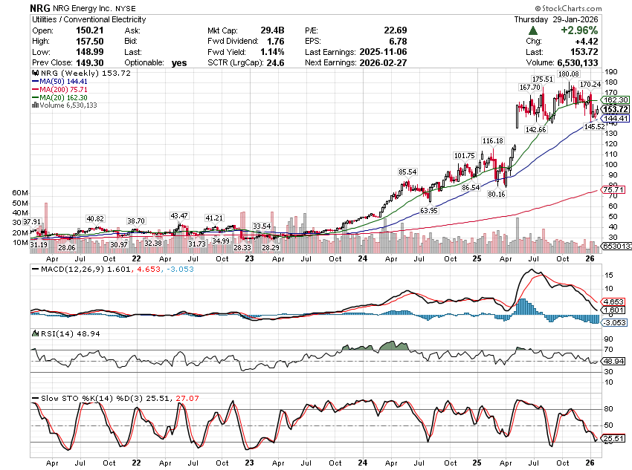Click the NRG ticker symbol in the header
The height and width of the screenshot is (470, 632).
coord(40,7)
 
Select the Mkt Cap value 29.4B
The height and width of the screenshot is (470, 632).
coord(271,30)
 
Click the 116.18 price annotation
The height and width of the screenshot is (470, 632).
coord(492,140)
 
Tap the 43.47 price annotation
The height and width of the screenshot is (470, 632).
coord(179,215)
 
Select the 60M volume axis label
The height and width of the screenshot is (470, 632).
coord(20,192)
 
